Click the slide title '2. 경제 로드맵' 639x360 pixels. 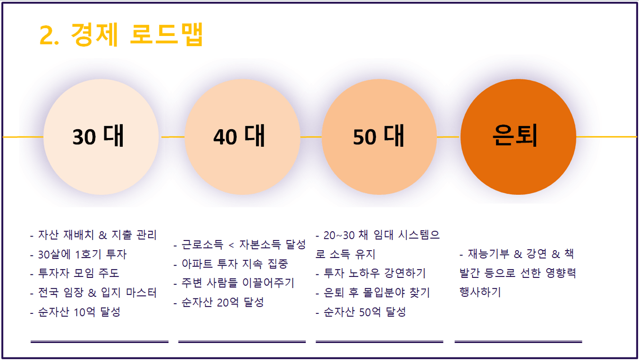click(121, 34)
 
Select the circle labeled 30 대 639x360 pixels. click(101, 137)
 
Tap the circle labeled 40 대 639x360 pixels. click(242, 137)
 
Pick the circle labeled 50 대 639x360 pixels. click(379, 137)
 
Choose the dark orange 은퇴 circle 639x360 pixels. click(518, 137)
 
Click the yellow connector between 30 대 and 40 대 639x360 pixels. click(172, 137)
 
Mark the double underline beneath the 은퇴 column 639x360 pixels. click(518, 342)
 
